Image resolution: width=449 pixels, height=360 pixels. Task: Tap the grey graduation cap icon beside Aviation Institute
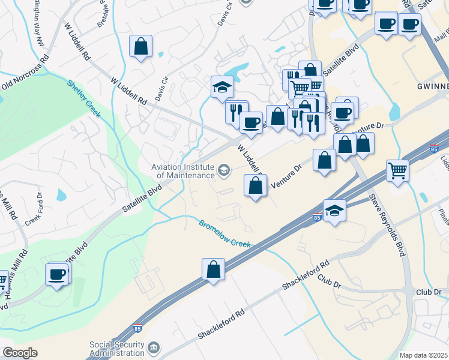click(x=224, y=171)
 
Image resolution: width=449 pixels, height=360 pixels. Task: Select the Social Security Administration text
click(x=117, y=349)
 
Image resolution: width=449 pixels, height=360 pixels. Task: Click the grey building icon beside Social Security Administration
click(x=154, y=348)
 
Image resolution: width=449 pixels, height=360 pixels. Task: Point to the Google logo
click(x=20, y=353)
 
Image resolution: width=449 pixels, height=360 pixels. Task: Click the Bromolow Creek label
click(x=224, y=233)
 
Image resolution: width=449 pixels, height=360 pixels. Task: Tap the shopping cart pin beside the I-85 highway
click(x=397, y=171)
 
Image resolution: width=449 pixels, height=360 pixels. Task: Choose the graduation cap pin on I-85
click(x=334, y=211)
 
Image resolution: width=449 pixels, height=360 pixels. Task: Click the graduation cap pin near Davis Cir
click(x=222, y=87)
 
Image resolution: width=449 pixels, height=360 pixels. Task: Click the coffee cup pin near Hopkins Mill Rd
click(x=58, y=274)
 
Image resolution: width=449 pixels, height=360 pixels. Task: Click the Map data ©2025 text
click(x=424, y=355)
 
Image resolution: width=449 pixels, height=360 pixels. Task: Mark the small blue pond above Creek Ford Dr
click(x=62, y=195)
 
